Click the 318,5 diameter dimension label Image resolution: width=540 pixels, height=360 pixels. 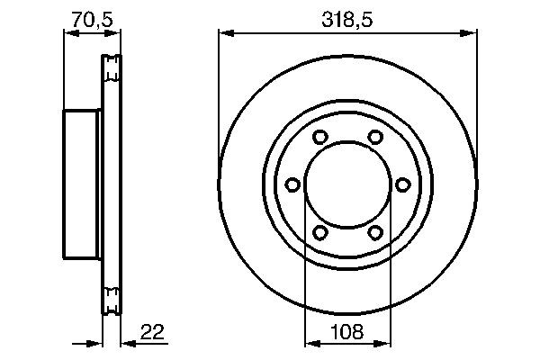[346, 17]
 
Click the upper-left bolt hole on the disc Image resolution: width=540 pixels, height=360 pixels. [319, 138]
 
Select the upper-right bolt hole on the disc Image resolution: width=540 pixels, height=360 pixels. [374, 138]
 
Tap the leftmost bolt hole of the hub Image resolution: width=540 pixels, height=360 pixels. [292, 184]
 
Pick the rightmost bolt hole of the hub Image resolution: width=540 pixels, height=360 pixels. [402, 184]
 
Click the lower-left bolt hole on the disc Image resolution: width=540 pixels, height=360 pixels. [319, 232]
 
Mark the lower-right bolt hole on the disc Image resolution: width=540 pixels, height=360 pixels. [374, 232]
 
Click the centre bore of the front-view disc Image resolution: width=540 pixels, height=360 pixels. [346, 184]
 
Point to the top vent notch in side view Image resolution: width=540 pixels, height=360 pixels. [112, 67]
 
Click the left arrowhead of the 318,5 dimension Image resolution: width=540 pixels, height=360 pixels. [225, 33]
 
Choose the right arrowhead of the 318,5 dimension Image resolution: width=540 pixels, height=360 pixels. [470, 33]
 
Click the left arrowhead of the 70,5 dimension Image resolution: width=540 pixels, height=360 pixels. [68, 33]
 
